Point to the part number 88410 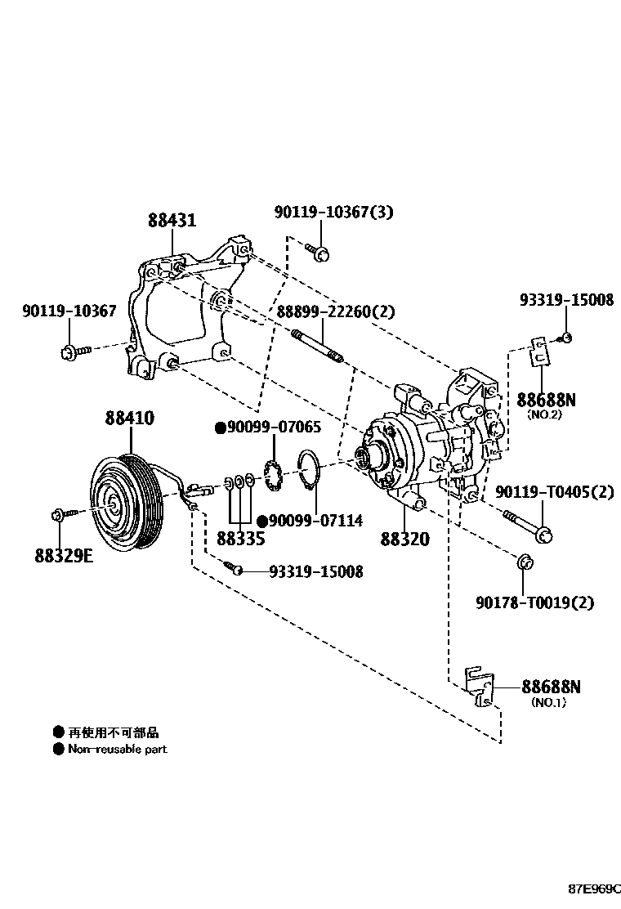pyautogui.click(x=128, y=418)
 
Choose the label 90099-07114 pyautogui.click(x=303, y=521)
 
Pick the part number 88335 pyautogui.click(x=240, y=539)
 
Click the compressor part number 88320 pyautogui.click(x=405, y=540)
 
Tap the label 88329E pyautogui.click(x=64, y=555)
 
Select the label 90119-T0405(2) pyautogui.click(x=554, y=491)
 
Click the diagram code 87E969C pyautogui.click(x=594, y=888)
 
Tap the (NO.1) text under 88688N pyautogui.click(x=548, y=702)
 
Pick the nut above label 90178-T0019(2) pyautogui.click(x=525, y=562)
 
